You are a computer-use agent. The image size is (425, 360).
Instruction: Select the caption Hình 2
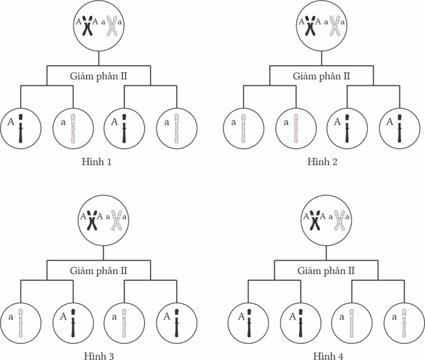tap(323, 162)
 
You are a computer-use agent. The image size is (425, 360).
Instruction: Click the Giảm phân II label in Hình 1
tap(98, 76)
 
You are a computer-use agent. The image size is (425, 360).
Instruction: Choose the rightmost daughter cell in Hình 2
tap(400, 128)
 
